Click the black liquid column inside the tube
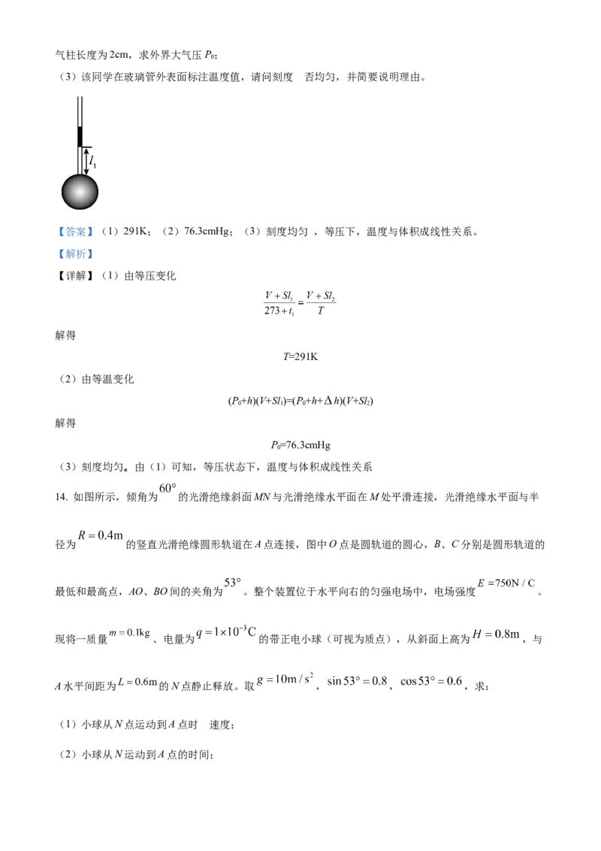[x=79, y=137]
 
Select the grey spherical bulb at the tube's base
[x=79, y=192]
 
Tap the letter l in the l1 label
[x=91, y=159]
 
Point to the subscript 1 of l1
[x=95, y=163]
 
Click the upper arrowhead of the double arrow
[x=86, y=150]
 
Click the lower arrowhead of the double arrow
[x=86, y=172]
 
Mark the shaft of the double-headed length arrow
[x=86, y=161]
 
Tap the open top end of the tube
[x=79, y=96]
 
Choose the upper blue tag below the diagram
[x=76, y=232]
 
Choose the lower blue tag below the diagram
[x=76, y=256]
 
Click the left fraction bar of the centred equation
[x=279, y=304]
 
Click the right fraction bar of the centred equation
[x=321, y=304]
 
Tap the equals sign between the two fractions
[x=300, y=304]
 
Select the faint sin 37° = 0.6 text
[x=358, y=680]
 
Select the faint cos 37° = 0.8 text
[x=428, y=680]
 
